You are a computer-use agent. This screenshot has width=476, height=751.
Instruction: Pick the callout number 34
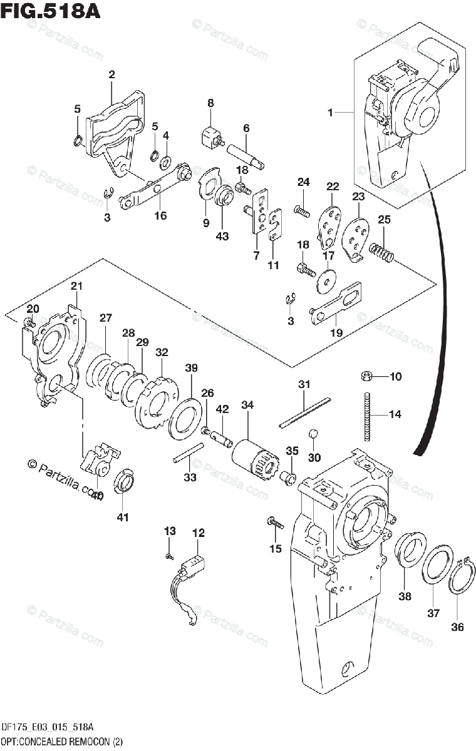point(247,406)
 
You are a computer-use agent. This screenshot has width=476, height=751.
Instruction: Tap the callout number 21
point(76,286)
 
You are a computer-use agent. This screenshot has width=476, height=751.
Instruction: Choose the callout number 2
point(111,74)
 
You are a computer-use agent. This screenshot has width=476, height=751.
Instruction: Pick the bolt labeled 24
point(302,212)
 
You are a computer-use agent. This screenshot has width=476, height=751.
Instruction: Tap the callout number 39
point(190,367)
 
